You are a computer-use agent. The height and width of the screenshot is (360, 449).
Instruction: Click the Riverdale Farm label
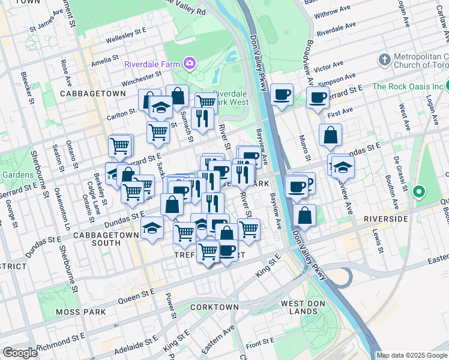coord(152,64)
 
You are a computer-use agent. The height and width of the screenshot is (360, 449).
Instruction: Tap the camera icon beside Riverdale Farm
coord(190,63)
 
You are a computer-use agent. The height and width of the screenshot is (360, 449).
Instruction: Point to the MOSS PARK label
coord(80,312)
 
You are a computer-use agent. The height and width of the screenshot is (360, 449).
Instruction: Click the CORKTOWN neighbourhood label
coord(214,307)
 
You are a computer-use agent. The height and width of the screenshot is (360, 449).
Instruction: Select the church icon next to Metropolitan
coord(384,60)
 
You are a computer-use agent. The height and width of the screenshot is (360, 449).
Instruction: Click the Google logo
coord(20,353)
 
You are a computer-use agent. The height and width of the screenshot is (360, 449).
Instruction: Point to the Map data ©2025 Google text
coord(412,355)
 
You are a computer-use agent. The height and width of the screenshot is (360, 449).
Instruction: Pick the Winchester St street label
coord(142,79)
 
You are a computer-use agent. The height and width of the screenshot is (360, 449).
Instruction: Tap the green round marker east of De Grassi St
coord(419,193)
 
